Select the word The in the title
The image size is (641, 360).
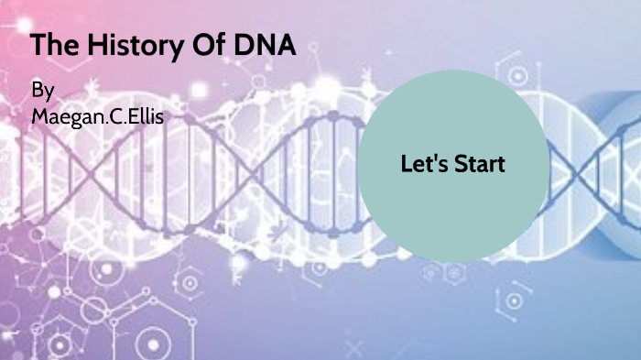(51, 45)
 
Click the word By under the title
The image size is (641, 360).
(42, 91)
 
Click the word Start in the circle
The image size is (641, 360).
(479, 165)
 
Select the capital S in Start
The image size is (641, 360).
(458, 165)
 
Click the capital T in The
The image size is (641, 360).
(38, 45)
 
